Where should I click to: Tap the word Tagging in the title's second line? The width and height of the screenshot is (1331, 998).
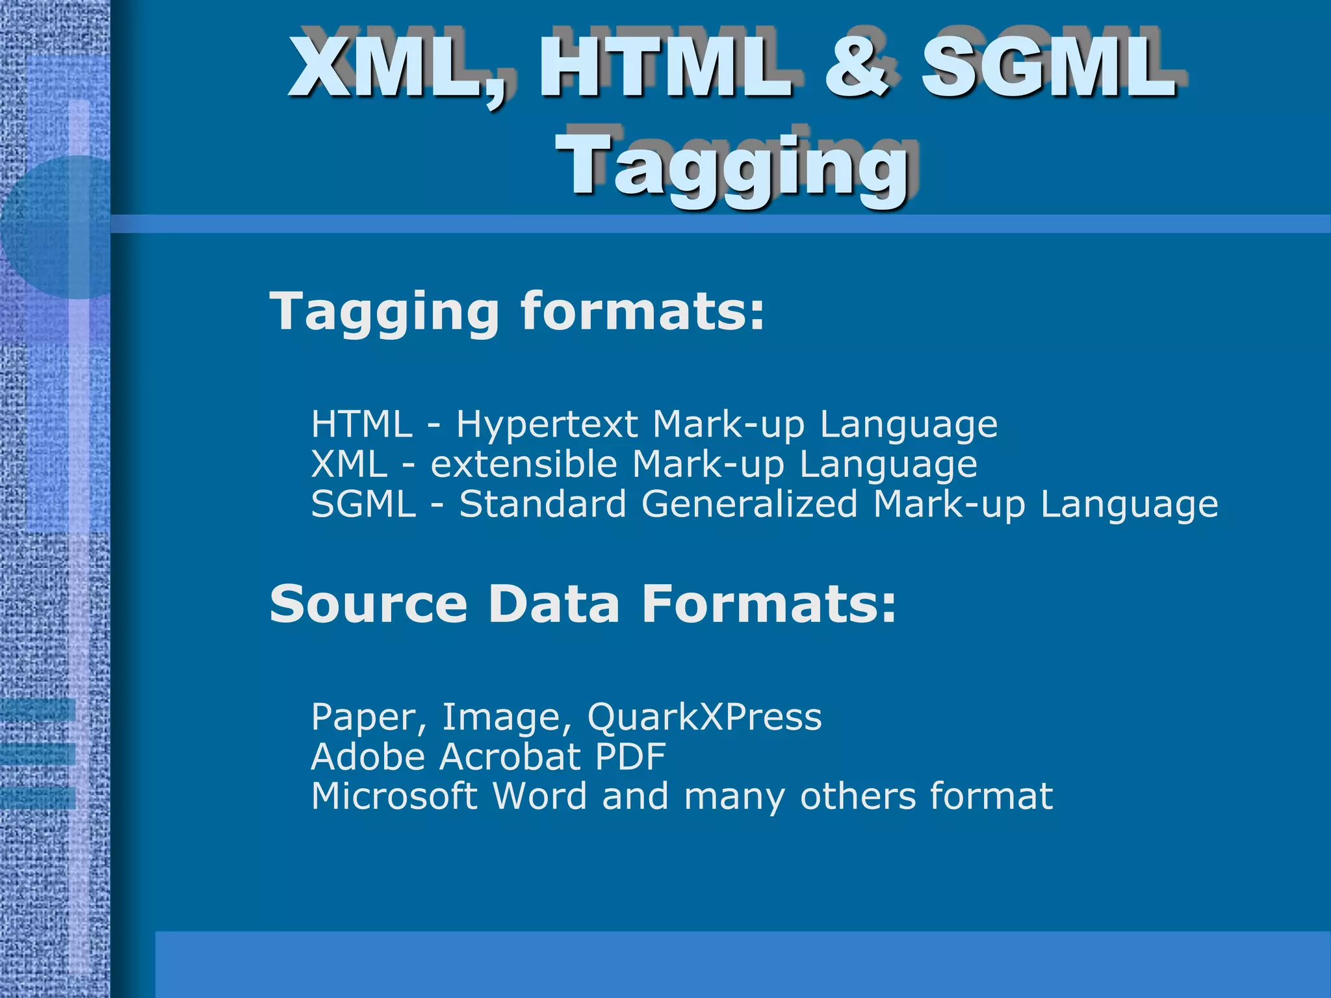735,166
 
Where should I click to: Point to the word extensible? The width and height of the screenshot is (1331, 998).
523,465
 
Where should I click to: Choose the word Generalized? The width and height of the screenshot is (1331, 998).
749,504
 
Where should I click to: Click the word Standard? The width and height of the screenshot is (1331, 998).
543,504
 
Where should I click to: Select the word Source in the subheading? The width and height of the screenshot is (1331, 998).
368,604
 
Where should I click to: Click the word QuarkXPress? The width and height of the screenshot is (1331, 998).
704,717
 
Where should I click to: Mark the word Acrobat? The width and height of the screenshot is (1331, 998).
510,757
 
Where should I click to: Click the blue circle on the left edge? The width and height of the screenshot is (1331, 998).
58,227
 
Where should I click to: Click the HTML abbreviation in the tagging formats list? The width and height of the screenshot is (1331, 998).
361,425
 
